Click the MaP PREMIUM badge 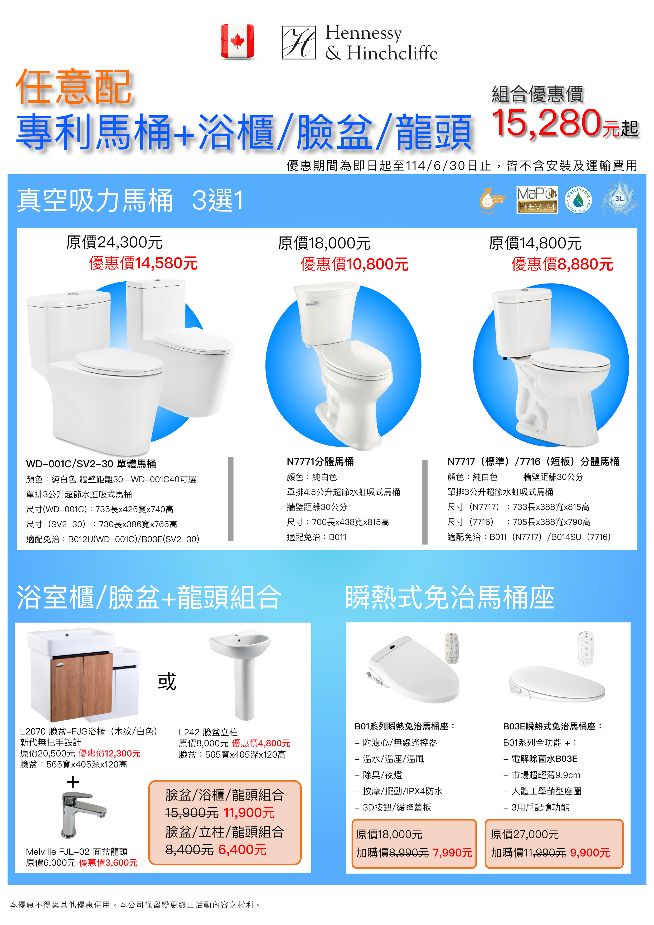[x=537, y=200]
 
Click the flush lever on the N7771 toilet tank [x=312, y=304]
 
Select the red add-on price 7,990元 [x=452, y=853]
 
